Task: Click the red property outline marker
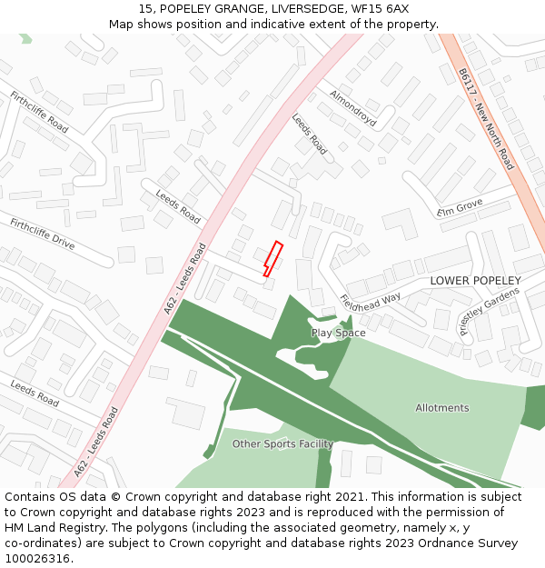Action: pyautogui.click(x=273, y=258)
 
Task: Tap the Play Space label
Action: pyautogui.click(x=339, y=333)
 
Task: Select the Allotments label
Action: pyautogui.click(x=442, y=408)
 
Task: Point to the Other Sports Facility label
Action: pyautogui.click(x=282, y=444)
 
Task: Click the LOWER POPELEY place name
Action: pyautogui.click(x=476, y=281)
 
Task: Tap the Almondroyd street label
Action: pyautogui.click(x=352, y=107)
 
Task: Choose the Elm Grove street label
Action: pyautogui.click(x=460, y=208)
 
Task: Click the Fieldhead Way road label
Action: pyautogui.click(x=370, y=302)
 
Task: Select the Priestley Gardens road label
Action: pyautogui.click(x=490, y=311)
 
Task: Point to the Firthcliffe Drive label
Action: pyautogui.click(x=43, y=234)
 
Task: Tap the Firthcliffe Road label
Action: pyautogui.click(x=39, y=112)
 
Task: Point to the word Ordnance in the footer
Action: pyautogui.click(x=441, y=543)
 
